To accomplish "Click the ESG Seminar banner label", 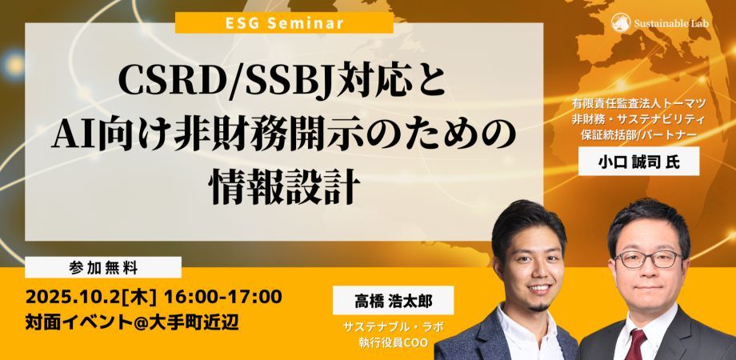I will [284, 22].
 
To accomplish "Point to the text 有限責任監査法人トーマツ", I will [637, 103].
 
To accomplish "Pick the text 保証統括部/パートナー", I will [637, 134].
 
